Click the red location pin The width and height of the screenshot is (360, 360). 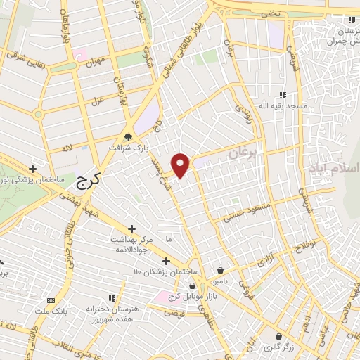pyautogui.click(x=181, y=165)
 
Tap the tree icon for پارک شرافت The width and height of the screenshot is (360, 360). pyautogui.click(x=127, y=137)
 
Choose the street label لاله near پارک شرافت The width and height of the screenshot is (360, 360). pyautogui.click(x=67, y=148)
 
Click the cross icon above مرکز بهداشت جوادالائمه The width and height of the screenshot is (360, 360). pyautogui.click(x=131, y=229)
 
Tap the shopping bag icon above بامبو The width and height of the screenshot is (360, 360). pyautogui.click(x=221, y=269)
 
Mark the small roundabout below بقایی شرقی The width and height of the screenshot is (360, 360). pyautogui.click(x=38, y=113)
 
